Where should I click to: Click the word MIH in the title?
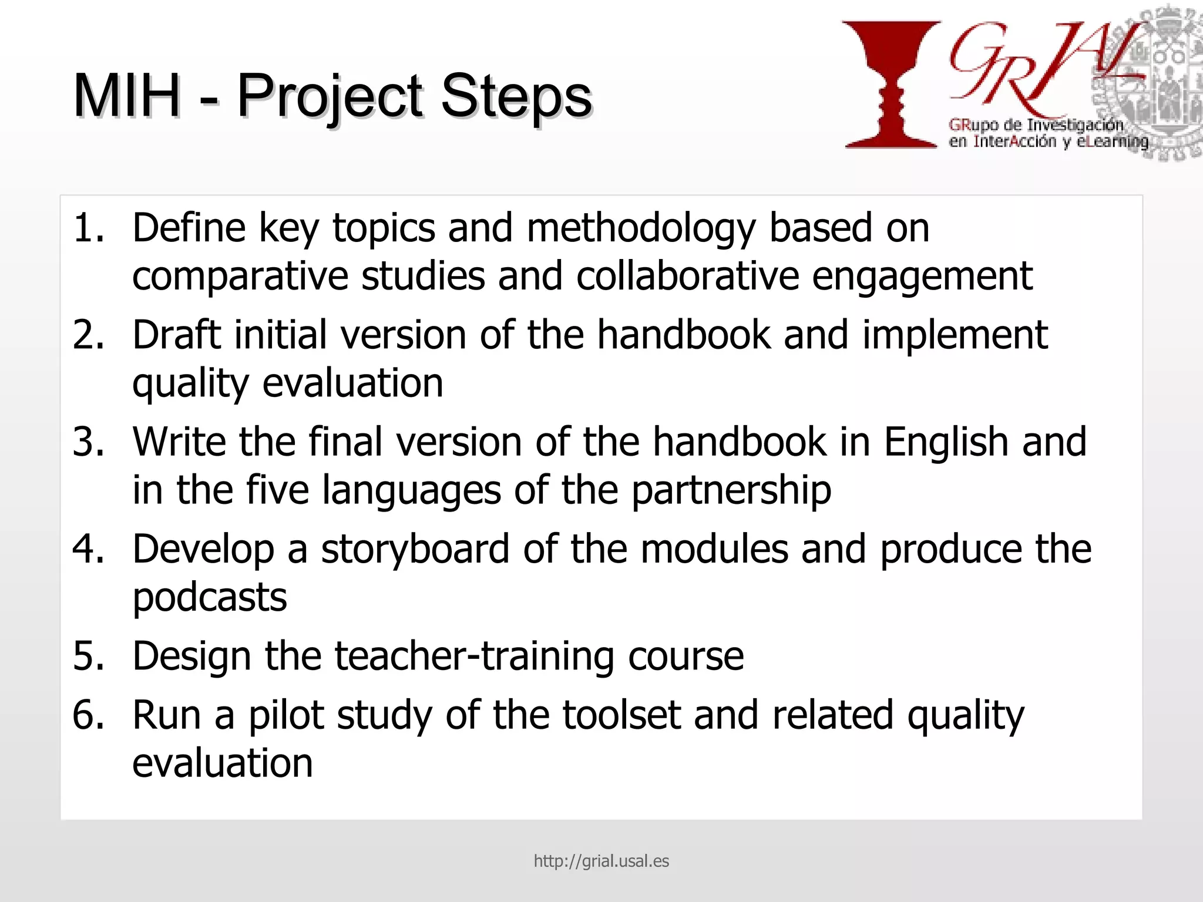[126, 96]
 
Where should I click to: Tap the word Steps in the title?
[516, 96]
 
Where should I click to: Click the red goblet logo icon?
[891, 84]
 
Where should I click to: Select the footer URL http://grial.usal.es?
[601, 861]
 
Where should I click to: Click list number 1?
[88, 228]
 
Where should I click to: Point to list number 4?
[88, 549]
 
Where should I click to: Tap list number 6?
[88, 715]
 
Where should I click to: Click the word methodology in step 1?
[641, 229]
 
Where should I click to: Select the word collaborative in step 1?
[687, 276]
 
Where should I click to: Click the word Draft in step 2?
[176, 335]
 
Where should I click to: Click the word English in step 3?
[946, 442]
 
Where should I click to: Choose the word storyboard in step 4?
[415, 550]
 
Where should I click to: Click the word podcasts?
[210, 598]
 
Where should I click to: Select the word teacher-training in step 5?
[475, 656]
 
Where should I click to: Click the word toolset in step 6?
[621, 715]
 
